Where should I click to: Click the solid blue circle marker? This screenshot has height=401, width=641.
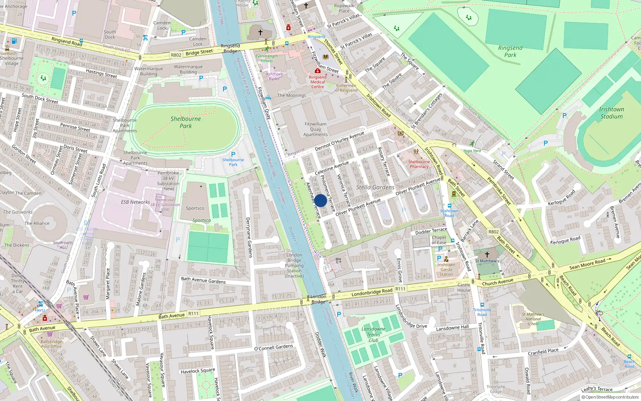(x=320, y=200)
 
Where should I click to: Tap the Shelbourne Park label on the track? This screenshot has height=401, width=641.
(x=185, y=122)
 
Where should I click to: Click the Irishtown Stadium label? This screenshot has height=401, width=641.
(x=611, y=113)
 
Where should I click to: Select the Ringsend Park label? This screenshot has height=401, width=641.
(x=510, y=51)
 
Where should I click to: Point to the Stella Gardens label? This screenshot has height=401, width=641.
(x=375, y=187)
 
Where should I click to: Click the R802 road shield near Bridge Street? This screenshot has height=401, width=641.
(x=176, y=55)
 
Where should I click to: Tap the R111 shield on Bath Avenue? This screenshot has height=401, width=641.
(x=194, y=314)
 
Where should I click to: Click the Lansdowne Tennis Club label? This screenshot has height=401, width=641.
(x=373, y=334)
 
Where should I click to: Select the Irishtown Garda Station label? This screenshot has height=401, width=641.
(x=446, y=269)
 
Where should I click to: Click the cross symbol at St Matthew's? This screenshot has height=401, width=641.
(x=487, y=254)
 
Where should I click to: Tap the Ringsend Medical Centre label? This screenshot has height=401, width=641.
(x=318, y=82)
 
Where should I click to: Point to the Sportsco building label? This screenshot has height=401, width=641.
(x=195, y=208)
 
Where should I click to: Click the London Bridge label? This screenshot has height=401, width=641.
(x=318, y=299)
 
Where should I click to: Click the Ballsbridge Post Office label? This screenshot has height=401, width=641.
(x=51, y=344)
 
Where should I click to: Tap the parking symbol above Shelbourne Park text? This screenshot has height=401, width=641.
(x=233, y=154)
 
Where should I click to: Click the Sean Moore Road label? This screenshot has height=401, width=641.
(x=587, y=264)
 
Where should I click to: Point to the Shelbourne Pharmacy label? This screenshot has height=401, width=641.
(x=419, y=164)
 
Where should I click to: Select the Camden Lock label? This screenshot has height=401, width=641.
(x=162, y=25)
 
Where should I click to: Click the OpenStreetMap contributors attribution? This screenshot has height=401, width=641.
(x=610, y=397)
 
